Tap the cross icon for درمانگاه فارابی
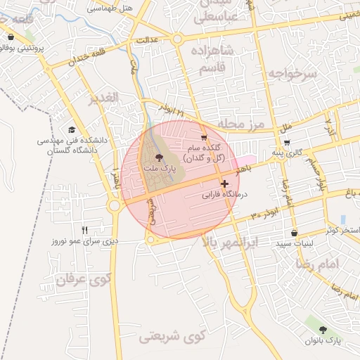(x=224, y=184)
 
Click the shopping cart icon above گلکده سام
(x=204, y=138)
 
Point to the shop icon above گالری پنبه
(x=287, y=142)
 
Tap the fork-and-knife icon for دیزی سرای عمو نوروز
(x=85, y=230)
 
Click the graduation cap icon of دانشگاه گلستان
(x=72, y=130)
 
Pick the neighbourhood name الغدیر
(x=103, y=98)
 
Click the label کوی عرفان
(x=83, y=279)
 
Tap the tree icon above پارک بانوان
(x=323, y=329)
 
